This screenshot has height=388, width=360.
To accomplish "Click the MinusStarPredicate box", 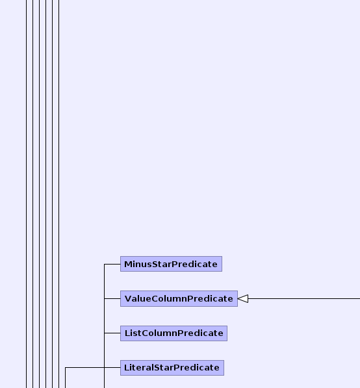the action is [171, 264].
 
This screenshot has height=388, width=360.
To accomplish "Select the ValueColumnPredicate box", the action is [179, 299].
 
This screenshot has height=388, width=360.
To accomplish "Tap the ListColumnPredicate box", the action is [174, 333].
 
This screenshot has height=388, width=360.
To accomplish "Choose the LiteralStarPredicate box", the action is [172, 368].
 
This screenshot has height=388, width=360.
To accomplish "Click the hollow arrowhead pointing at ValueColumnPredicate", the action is [243, 299].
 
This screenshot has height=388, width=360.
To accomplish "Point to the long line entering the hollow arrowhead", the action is [304, 299].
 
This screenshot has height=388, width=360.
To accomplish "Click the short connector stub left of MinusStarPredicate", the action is [112, 264].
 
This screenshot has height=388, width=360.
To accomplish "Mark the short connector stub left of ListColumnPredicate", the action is [112, 333].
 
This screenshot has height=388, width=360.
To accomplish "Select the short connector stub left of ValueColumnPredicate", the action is [112, 299].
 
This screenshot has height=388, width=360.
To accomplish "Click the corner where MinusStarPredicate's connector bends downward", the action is [105, 264].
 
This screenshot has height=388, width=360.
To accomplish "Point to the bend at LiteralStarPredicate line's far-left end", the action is [66, 367].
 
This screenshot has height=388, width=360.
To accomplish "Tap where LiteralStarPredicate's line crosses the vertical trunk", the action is [105, 367].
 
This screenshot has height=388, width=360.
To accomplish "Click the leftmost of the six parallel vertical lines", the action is [27, 194].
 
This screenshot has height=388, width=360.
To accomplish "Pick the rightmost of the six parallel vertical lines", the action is [58, 194].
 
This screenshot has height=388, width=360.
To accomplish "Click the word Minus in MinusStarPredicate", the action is [138, 265].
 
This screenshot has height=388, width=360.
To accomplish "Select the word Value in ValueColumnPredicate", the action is [138, 299].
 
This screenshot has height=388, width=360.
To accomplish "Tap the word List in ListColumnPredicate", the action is [133, 333].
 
